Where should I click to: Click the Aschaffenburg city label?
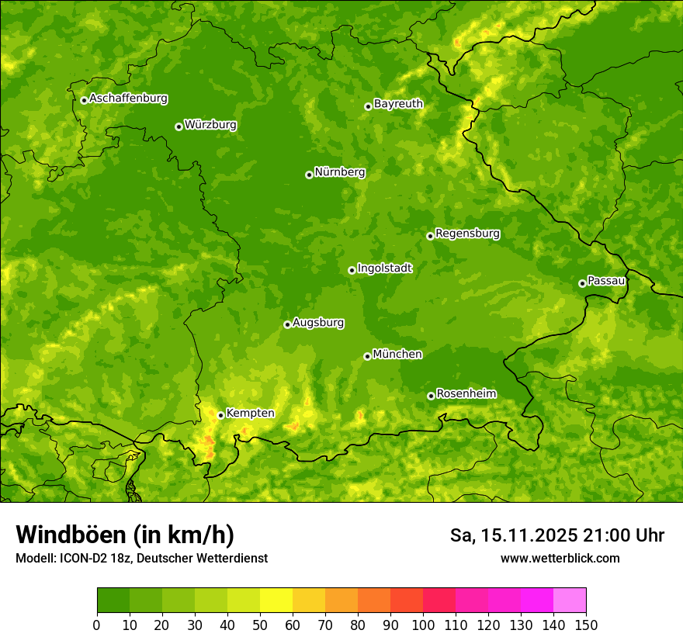(128, 99)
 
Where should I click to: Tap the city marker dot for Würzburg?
(179, 126)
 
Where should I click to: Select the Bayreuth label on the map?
(398, 104)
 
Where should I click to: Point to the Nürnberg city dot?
(309, 175)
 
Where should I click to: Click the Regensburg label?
(467, 234)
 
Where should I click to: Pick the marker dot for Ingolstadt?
(352, 270)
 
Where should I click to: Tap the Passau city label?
(606, 281)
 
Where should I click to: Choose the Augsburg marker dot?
(287, 324)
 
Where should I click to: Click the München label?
(397, 355)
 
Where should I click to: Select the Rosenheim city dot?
(431, 396)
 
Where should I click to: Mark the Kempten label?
(250, 414)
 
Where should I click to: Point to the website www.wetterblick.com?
(560, 558)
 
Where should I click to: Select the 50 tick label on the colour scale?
(260, 625)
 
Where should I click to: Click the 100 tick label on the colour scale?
(423, 625)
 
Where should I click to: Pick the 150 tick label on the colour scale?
(586, 625)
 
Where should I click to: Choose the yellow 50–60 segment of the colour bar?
(276, 601)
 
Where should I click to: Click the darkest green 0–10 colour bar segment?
(113, 601)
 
